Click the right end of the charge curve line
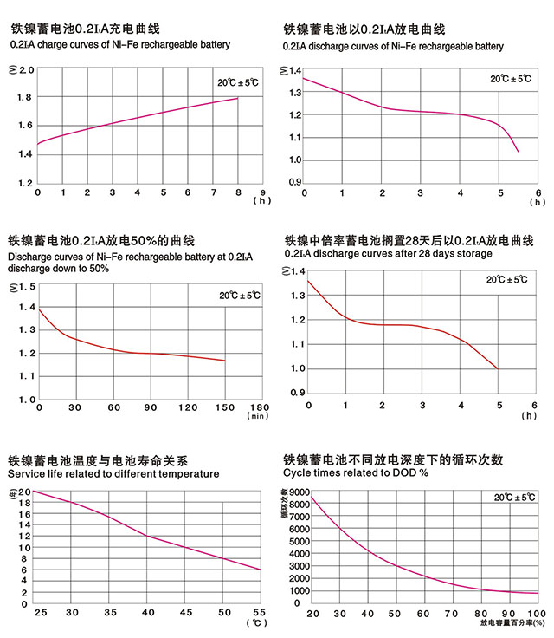[x=238, y=98]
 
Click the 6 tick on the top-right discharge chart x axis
[x=538, y=192]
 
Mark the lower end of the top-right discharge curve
[x=518, y=152]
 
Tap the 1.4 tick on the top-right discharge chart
[x=294, y=70]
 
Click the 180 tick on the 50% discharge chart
[x=260, y=407]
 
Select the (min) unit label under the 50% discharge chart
[x=259, y=416]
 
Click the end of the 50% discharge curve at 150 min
[x=225, y=361]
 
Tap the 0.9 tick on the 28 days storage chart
[x=294, y=393]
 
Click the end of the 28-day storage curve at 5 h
[x=498, y=368]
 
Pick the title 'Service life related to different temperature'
[x=113, y=474]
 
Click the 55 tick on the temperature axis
[x=259, y=613]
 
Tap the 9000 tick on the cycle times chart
[x=295, y=492]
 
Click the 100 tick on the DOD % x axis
[x=536, y=614]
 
